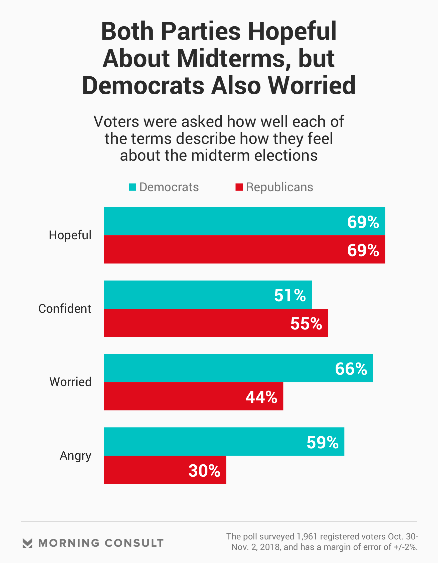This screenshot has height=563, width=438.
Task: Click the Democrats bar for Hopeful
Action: (x=244, y=221)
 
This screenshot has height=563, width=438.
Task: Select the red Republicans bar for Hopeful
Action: (x=244, y=249)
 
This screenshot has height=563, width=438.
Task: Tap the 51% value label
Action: (x=290, y=295)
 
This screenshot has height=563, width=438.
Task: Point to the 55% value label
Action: (x=306, y=323)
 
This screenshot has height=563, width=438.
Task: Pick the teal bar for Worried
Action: (x=238, y=368)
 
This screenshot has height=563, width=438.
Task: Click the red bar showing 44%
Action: (x=194, y=396)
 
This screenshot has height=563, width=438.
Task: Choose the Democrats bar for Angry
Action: (x=224, y=442)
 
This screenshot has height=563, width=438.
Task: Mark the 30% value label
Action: (x=204, y=471)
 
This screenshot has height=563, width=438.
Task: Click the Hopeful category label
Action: (x=70, y=235)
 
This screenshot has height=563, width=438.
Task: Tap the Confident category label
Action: (x=65, y=309)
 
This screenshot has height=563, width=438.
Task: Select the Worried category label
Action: (x=70, y=382)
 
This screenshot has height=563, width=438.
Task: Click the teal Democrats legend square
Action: (x=132, y=187)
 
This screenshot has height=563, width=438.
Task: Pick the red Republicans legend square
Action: (x=239, y=187)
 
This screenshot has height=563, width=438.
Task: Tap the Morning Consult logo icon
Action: (x=27, y=543)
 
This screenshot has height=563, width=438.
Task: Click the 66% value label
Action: (x=351, y=369)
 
